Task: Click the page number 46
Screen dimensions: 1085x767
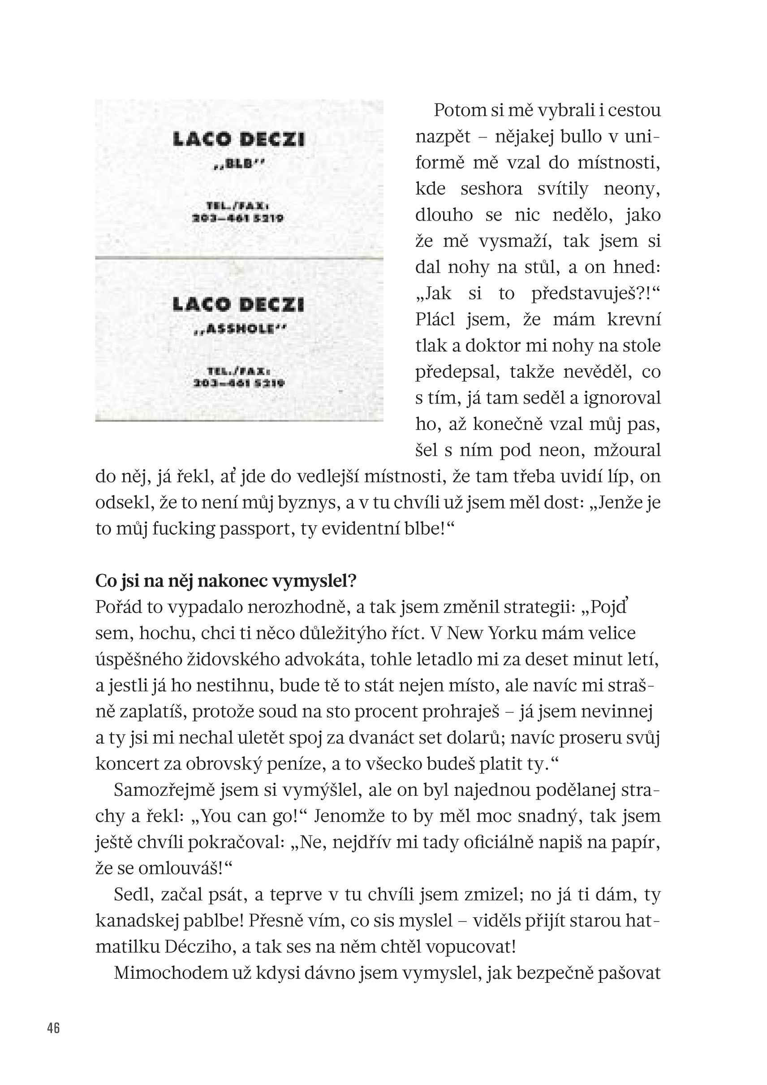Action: (x=53, y=1028)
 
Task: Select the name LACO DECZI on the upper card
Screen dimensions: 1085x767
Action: (x=239, y=139)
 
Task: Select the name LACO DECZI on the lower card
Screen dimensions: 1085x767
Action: (x=239, y=305)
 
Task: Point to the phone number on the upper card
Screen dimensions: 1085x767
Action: (x=238, y=219)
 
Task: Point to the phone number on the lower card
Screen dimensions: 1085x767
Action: (x=238, y=383)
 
